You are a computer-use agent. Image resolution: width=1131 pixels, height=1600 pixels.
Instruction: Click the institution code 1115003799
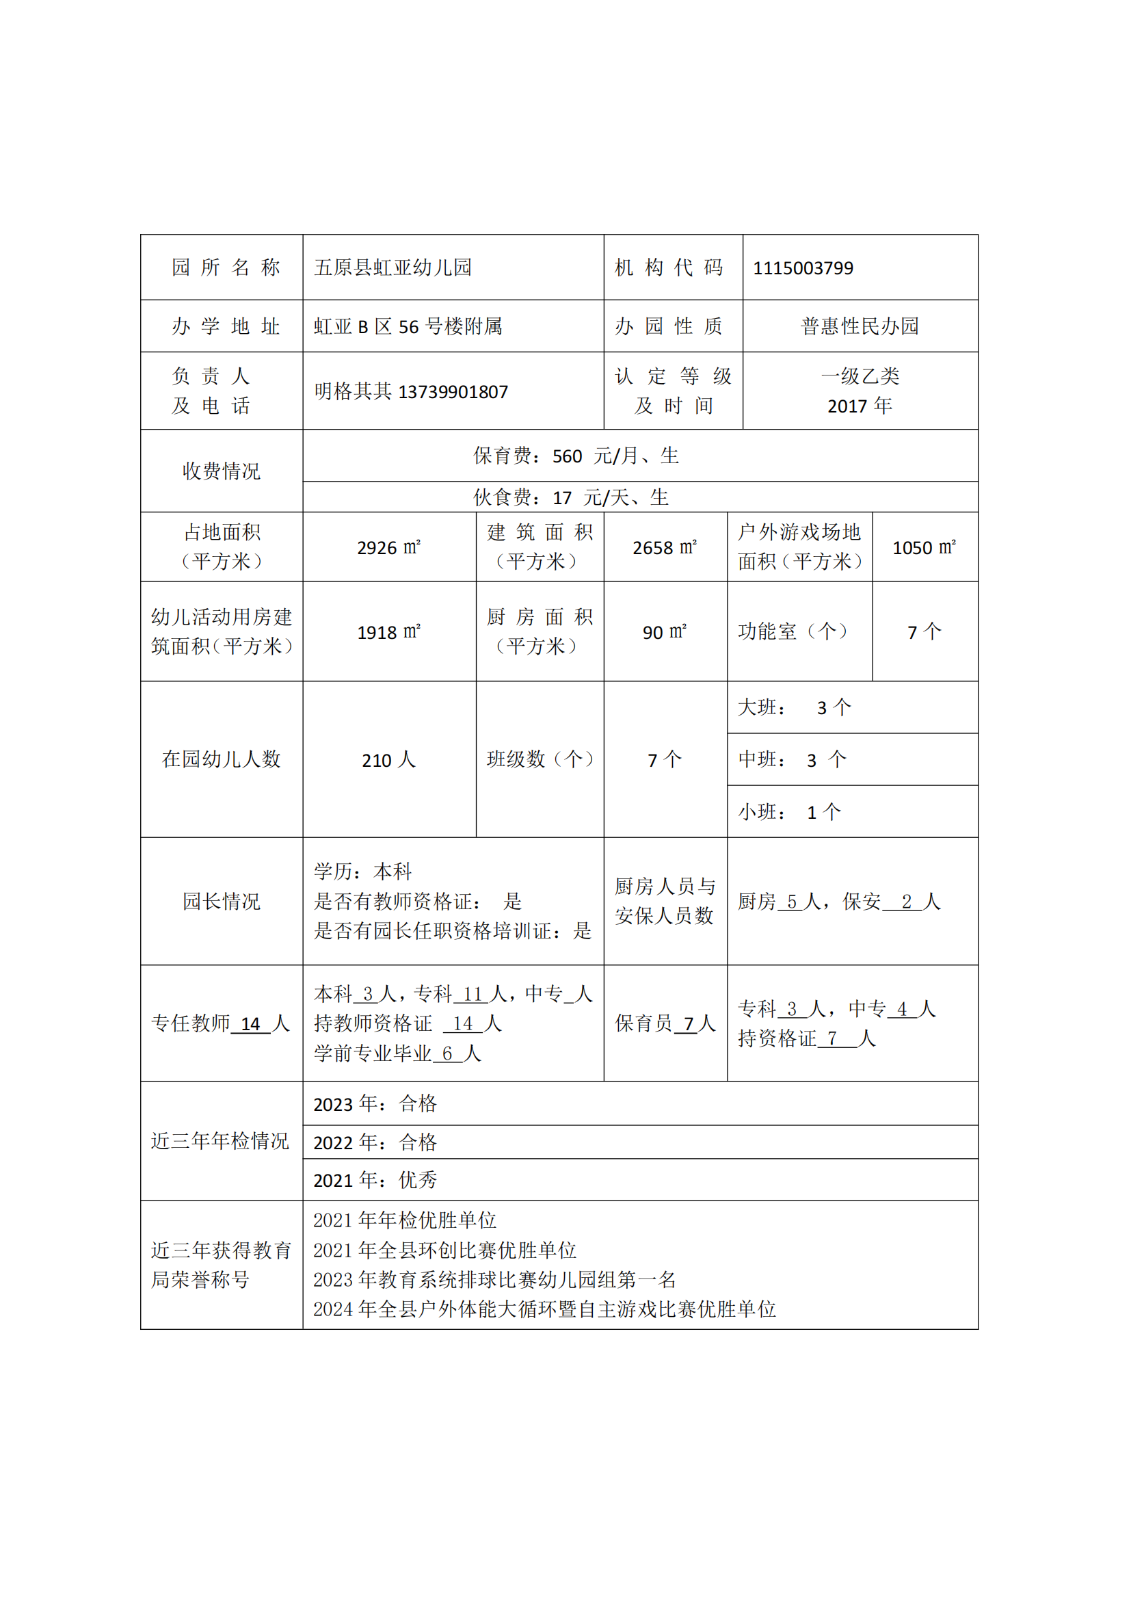(803, 268)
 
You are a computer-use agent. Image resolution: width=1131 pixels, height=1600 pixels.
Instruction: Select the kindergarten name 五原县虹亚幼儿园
(392, 267)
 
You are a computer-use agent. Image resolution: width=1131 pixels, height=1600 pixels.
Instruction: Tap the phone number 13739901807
(453, 393)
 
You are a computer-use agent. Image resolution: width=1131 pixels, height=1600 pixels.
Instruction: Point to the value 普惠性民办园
(860, 326)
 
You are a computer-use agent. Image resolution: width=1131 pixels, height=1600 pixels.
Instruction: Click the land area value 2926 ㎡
(388, 548)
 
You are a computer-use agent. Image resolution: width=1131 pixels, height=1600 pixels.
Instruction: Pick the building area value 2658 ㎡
(665, 548)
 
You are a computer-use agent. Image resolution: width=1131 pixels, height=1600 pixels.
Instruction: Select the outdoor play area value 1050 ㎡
(924, 548)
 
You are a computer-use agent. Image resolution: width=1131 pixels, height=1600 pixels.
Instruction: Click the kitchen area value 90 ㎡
(665, 632)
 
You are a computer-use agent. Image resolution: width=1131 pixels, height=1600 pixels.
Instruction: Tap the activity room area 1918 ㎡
(388, 632)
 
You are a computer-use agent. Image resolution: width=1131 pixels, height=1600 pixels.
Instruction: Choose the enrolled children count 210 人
(388, 760)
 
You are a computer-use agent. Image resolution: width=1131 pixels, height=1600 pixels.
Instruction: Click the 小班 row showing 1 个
(790, 813)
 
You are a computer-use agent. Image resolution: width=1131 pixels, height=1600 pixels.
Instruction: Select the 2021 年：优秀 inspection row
(375, 1181)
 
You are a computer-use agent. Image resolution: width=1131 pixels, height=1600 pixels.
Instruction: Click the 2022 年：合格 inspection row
(375, 1143)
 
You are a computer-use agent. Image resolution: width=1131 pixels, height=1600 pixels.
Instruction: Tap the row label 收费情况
(222, 471)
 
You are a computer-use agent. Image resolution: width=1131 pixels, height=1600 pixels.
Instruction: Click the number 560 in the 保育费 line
(567, 456)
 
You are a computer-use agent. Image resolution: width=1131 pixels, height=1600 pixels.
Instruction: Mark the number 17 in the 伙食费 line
(562, 498)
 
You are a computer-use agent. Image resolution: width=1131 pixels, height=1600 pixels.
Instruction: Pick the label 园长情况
(222, 902)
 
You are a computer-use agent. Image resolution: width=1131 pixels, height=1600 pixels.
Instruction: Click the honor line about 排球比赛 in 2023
(494, 1280)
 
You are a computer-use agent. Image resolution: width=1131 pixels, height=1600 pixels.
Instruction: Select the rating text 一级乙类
(860, 376)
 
